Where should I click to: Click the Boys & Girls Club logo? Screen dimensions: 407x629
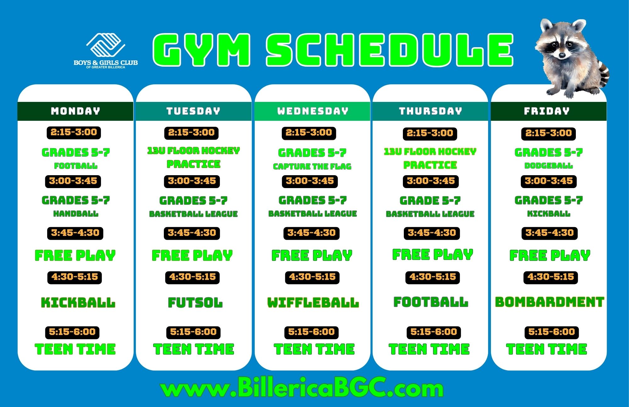[106, 50]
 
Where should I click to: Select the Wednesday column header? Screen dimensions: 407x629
[313, 111]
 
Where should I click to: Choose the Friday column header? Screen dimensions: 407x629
[547, 111]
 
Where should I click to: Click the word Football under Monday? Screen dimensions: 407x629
[76, 166]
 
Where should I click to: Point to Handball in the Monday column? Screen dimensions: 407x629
[76, 214]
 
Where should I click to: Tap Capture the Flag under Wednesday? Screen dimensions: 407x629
[312, 166]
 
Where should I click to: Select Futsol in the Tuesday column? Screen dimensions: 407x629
[195, 303]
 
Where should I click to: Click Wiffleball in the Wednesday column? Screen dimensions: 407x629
[313, 303]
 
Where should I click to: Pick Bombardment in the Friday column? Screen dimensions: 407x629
[549, 302]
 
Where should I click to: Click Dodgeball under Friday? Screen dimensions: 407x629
[548, 166]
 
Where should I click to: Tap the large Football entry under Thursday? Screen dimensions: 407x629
[431, 302]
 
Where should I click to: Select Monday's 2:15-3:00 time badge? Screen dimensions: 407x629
[74, 132]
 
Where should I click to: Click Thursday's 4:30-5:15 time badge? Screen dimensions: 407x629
[433, 277]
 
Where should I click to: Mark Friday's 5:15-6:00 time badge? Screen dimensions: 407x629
[552, 332]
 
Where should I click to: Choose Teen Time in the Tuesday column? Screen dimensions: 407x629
[194, 349]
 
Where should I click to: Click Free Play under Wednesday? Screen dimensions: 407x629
[312, 255]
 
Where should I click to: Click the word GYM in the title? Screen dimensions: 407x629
[201, 50]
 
